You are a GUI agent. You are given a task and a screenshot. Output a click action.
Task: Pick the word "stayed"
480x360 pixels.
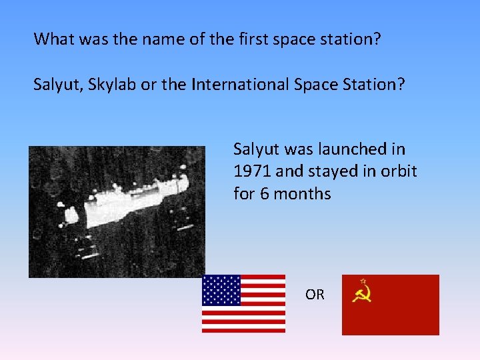[330, 171]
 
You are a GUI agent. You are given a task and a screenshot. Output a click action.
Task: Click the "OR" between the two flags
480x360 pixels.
[315, 294]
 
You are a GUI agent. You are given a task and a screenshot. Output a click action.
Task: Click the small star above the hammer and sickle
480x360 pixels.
[363, 281]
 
